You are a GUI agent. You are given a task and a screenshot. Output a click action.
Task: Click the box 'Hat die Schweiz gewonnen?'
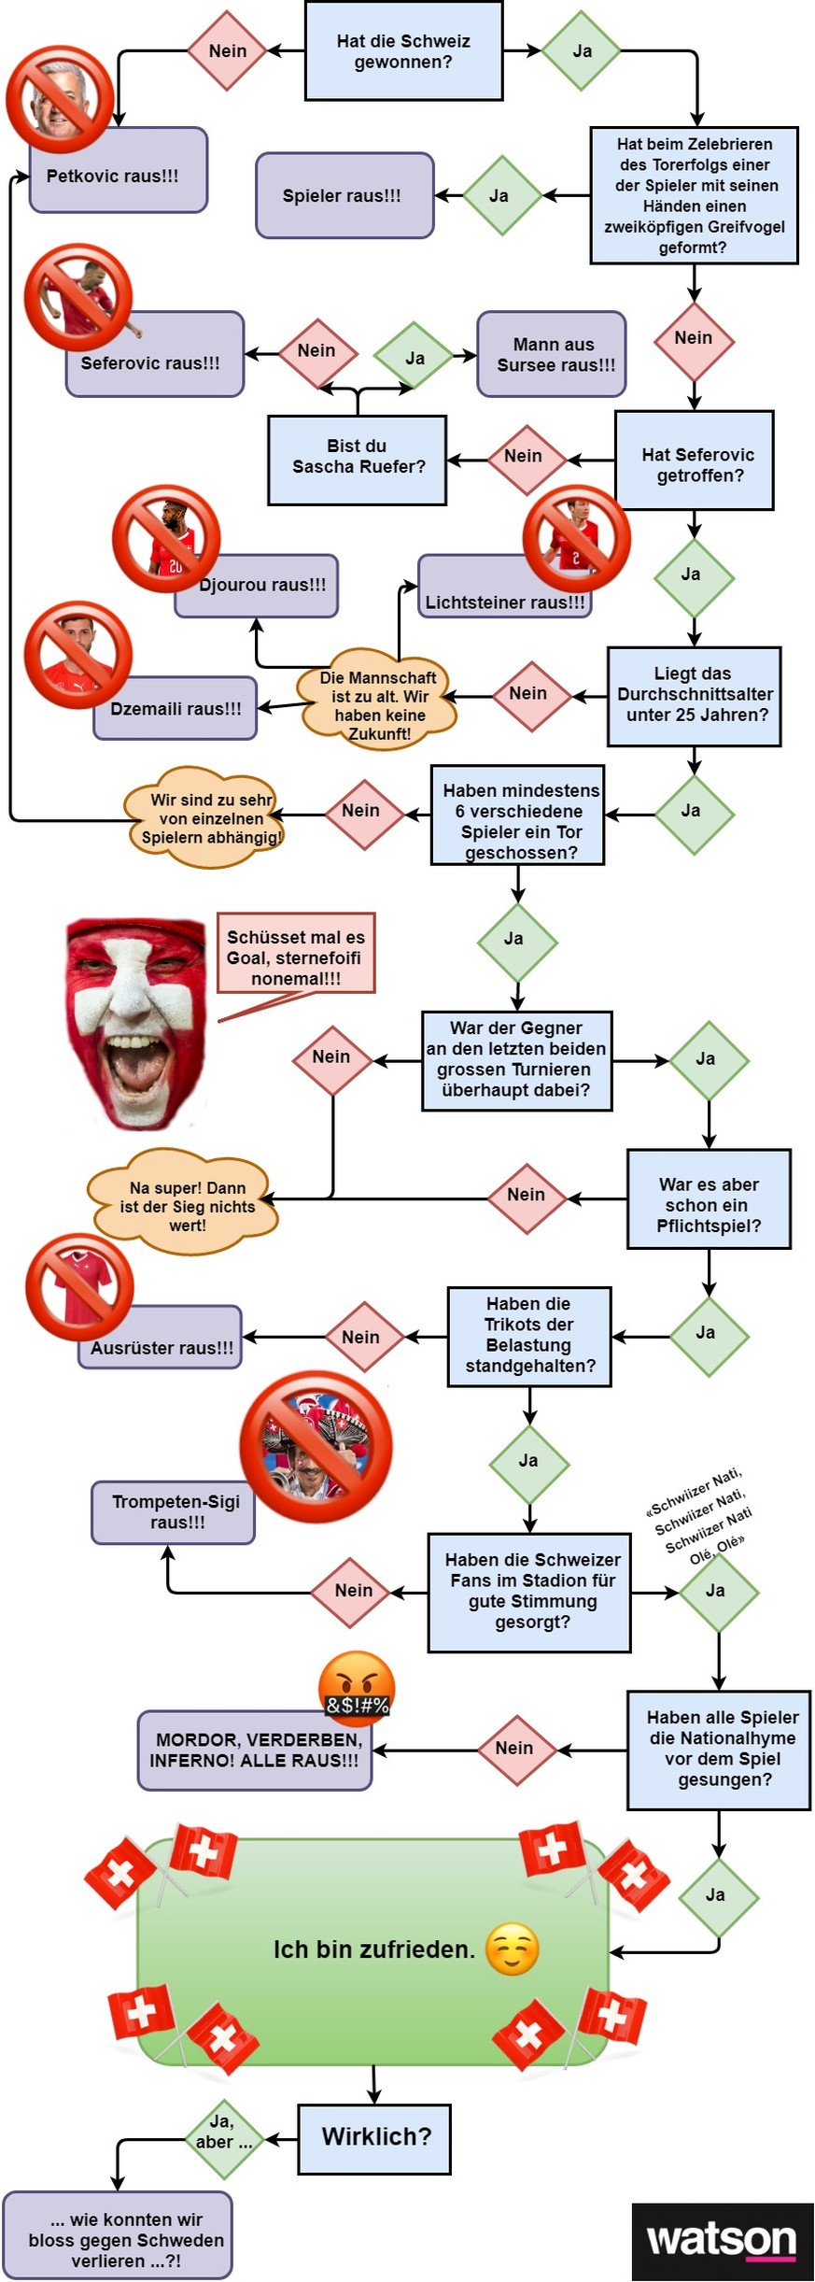click(403, 51)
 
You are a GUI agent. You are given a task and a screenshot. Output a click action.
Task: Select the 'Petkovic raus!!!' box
click(118, 175)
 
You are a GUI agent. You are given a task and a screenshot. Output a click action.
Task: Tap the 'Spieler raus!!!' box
click(344, 195)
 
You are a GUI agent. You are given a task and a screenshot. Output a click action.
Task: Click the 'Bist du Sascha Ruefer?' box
click(357, 459)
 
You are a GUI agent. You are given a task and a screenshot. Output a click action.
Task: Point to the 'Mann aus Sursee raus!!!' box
click(553, 354)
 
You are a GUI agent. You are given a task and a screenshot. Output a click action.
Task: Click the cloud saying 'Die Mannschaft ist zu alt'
click(378, 704)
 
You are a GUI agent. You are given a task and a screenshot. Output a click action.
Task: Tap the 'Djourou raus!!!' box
click(259, 586)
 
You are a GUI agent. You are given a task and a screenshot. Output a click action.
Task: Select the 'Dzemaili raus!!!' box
click(176, 709)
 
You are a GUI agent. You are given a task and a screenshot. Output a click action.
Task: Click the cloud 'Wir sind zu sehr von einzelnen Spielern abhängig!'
click(207, 818)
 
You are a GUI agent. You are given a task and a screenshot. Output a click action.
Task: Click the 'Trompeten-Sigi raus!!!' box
click(175, 1511)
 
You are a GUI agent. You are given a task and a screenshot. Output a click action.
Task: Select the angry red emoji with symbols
click(357, 1687)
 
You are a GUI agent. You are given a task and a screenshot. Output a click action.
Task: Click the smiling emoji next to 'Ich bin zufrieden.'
click(513, 1949)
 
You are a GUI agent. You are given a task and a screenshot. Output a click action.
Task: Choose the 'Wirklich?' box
click(374, 2136)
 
